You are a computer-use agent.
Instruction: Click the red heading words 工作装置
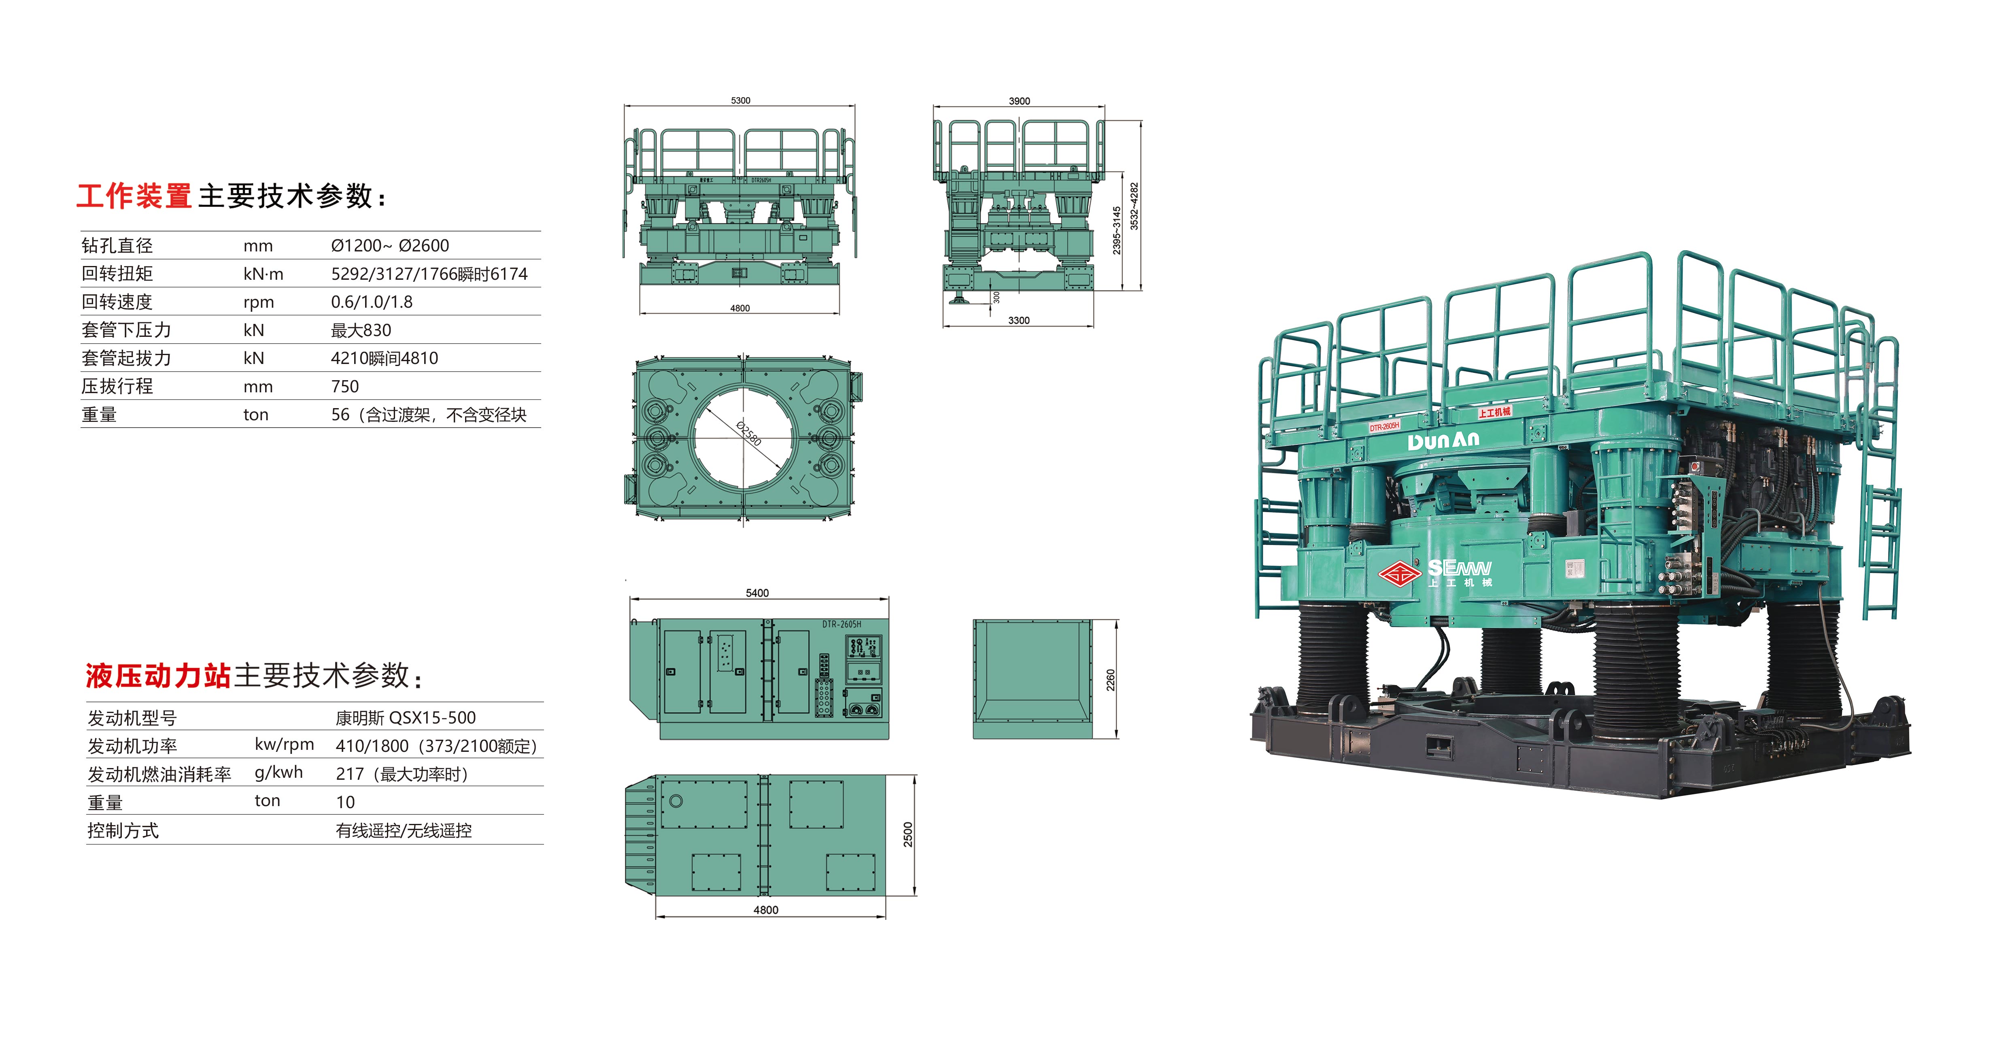(134, 196)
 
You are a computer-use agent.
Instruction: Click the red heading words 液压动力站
(158, 675)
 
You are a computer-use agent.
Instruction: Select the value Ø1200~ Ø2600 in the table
(390, 245)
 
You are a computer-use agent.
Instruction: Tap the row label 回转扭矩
(117, 274)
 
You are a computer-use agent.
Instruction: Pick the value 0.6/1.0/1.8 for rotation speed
(372, 302)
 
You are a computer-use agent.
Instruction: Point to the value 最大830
(361, 330)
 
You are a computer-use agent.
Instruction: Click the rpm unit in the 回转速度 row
(259, 302)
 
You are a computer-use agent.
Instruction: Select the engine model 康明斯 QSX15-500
(405, 717)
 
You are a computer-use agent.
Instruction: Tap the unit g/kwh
(279, 772)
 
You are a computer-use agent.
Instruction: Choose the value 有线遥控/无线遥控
(404, 830)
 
